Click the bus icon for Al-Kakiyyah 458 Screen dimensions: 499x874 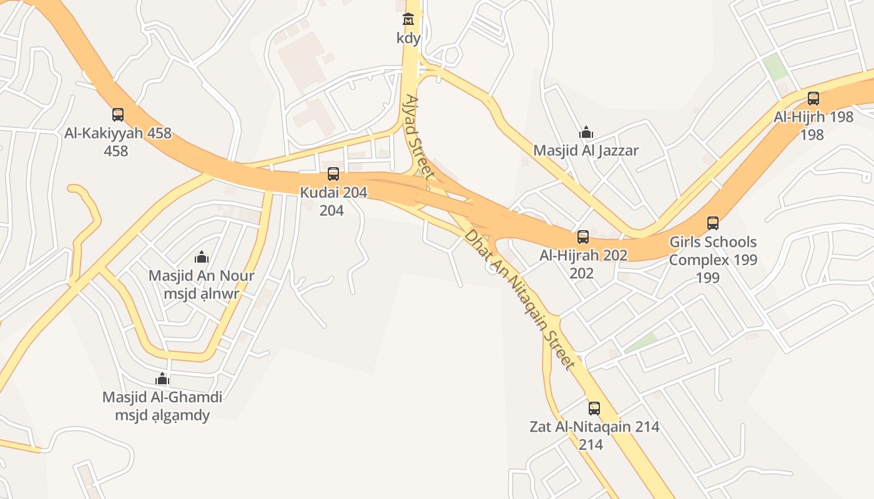pos(118,115)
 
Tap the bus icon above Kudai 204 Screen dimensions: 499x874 pos(333,174)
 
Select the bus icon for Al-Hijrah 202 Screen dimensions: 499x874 pos(583,237)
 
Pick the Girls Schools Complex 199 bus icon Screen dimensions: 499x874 pos(713,223)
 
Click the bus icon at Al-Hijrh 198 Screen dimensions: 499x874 pos(813,99)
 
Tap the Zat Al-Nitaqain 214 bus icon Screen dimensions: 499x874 pos(594,409)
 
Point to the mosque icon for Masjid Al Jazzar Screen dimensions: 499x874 pos(586,132)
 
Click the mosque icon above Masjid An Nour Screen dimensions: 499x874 pos(201,257)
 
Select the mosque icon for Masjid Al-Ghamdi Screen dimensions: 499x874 pos(162,379)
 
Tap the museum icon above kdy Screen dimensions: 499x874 pos(408,20)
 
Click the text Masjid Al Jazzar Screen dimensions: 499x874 pos(586,150)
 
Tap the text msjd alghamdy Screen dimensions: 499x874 pos(162,415)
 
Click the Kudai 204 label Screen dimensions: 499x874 pos(333,192)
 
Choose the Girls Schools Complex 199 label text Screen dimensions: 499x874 pos(713,250)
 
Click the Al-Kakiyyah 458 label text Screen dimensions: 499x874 pos(118,133)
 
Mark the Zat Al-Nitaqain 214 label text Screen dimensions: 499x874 pos(594,427)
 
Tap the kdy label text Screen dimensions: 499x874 pos(408,38)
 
